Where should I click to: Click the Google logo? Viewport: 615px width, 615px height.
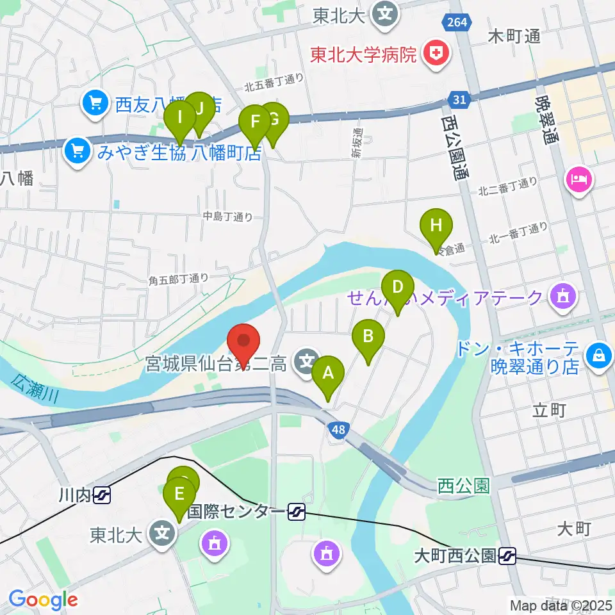click(43, 600)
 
